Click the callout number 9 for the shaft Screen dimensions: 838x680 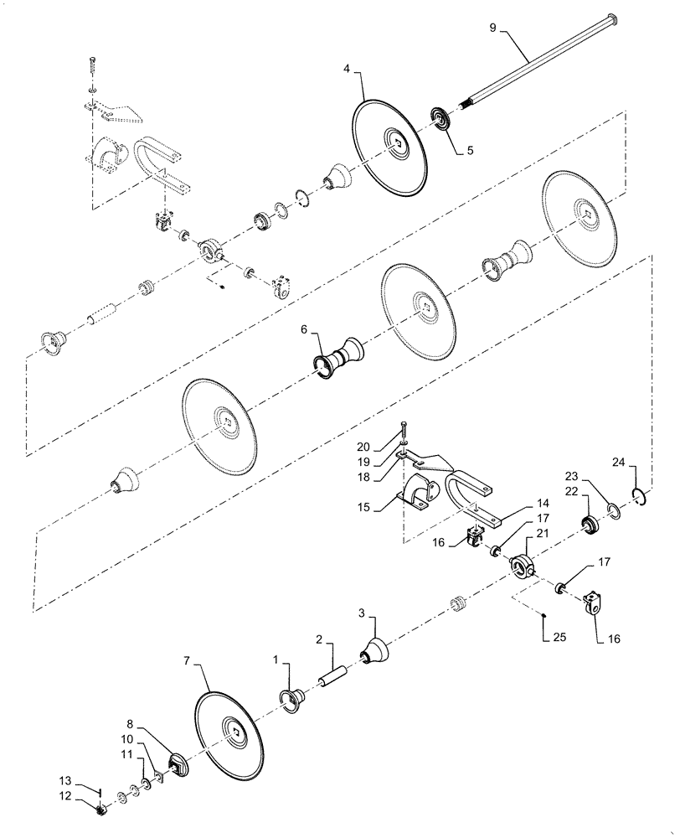tap(493, 28)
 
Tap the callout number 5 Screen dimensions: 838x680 tap(470, 151)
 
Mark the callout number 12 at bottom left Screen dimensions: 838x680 tap(88, 795)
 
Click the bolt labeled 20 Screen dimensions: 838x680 tap(404, 432)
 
